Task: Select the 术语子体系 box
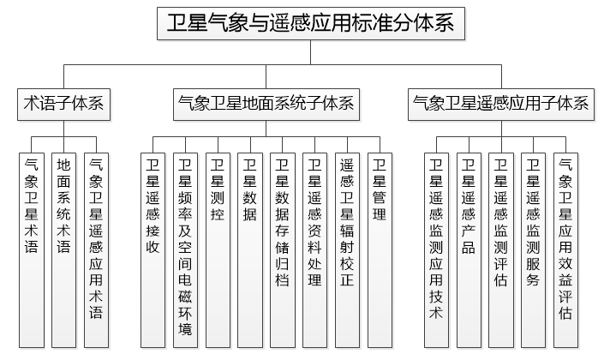pos(63,105)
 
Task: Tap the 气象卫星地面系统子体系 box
pos(265,105)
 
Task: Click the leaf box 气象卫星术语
pos(32,249)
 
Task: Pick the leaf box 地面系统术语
pos(63,249)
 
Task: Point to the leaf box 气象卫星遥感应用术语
pos(96,249)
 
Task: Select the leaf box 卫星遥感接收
pos(152,249)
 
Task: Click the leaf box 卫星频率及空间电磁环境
pos(184,249)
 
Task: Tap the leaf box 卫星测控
pos(217,249)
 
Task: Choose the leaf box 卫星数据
pos(249,249)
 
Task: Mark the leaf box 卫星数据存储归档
pos(282,249)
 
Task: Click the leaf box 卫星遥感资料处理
pos(314,249)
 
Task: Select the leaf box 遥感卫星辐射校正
pos(347,249)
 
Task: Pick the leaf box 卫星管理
pos(380,249)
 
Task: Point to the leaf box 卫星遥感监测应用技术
pos(436,249)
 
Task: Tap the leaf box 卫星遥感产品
pos(468,249)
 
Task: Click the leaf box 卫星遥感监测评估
pos(500,249)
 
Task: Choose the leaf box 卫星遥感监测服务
pos(533,249)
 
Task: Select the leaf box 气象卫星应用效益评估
pos(565,249)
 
